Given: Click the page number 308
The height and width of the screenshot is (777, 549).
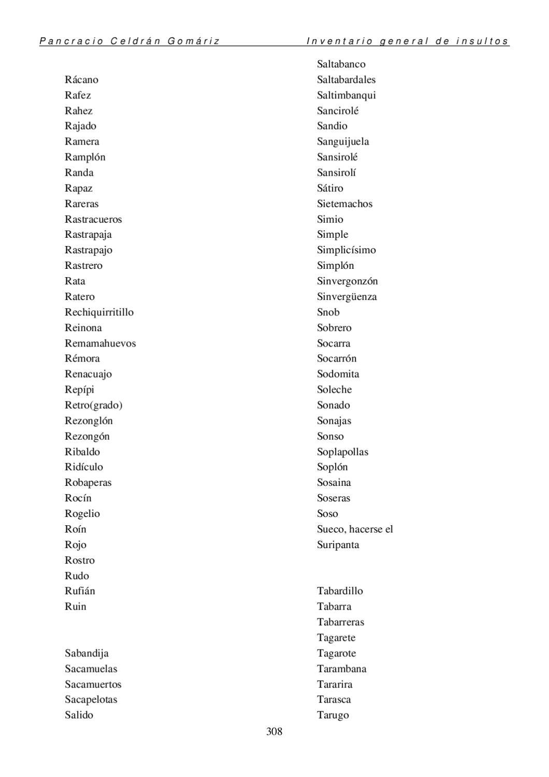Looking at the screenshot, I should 274,731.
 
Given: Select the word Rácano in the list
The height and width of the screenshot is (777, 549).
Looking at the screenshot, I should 81,80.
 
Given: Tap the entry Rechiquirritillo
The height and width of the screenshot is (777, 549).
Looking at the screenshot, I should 99,312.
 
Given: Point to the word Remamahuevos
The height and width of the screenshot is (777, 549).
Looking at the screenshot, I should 100,343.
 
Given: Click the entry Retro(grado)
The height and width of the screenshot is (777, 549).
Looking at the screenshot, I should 93,405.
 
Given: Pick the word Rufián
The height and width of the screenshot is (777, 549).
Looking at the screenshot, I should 80,591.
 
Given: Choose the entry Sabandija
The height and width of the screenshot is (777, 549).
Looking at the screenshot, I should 86,653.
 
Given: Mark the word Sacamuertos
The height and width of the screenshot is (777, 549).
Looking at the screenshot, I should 93,684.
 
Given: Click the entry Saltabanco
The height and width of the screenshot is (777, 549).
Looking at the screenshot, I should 341,64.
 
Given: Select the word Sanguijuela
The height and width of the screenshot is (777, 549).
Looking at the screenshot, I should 343,142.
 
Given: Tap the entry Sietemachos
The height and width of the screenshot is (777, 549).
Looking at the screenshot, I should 344,204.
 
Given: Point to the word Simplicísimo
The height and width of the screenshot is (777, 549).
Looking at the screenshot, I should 346,250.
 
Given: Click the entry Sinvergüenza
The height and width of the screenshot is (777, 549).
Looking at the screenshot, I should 346,297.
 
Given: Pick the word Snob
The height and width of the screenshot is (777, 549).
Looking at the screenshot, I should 328,312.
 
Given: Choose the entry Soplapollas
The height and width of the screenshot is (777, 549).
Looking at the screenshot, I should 342,452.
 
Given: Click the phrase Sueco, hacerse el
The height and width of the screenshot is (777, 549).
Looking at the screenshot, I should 355,529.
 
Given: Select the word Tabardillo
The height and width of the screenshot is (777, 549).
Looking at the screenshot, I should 340,591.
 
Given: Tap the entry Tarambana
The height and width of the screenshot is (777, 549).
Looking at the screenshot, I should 341,669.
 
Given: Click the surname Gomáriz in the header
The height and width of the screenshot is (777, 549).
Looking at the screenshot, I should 194,41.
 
